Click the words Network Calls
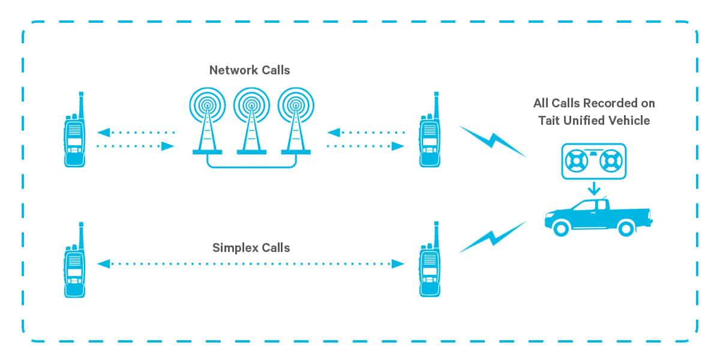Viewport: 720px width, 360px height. [x=250, y=70]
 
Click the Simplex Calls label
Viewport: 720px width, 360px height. [x=251, y=247]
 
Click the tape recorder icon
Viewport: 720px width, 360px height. [x=593, y=160]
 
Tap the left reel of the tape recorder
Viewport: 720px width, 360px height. [x=576, y=161]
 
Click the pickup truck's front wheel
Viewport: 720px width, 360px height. [x=562, y=227]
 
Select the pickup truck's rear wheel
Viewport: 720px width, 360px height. [x=625, y=227]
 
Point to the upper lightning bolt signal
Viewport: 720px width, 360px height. [x=492, y=142]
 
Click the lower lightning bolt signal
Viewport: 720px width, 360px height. [x=492, y=237]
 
